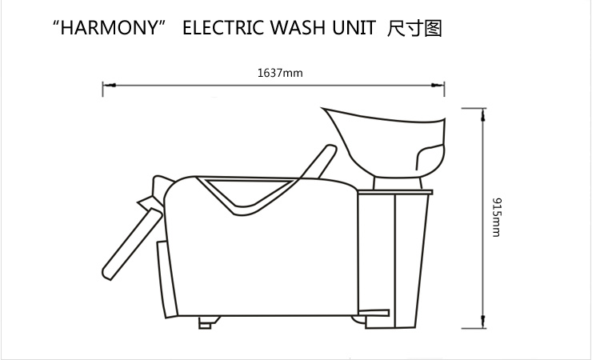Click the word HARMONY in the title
109,27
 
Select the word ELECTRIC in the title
223,27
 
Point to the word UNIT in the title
354,27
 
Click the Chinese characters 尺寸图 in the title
414,28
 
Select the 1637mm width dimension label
280,73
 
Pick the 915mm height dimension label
497,218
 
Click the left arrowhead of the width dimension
109,86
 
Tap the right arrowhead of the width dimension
438,86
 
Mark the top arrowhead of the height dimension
483,115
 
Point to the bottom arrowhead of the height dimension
483,322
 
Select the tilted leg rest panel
132,244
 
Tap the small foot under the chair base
209,322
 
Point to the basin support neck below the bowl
398,183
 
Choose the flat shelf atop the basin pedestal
395,193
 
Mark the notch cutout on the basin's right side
430,157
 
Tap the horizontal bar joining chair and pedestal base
374,313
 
